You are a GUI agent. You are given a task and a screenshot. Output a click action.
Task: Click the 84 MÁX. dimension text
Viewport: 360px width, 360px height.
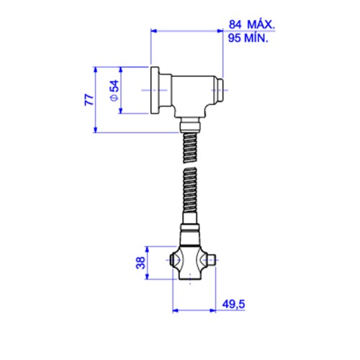[251, 24]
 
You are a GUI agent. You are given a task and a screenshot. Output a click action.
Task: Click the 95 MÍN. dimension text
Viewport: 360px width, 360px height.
[248, 38]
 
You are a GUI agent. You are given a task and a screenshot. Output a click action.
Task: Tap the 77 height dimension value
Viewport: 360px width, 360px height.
[89, 99]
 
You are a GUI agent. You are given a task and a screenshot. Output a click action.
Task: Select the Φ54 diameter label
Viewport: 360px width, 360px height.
[114, 91]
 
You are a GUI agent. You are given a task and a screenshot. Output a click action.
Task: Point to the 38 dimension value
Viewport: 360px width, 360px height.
[140, 263]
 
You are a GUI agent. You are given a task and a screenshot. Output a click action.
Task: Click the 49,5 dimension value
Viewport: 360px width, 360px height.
[233, 305]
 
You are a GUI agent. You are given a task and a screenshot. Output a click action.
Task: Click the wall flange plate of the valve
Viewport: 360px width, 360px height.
[155, 90]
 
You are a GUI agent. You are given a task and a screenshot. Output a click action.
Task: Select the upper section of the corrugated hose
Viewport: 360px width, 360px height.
[190, 148]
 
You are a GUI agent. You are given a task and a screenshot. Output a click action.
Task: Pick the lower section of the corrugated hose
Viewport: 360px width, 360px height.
[190, 190]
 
